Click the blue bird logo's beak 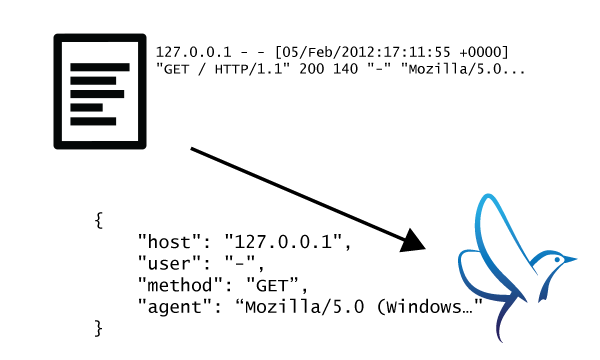[x=571, y=260]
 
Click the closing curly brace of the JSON [x=98, y=327]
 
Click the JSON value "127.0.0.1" [x=287, y=241]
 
